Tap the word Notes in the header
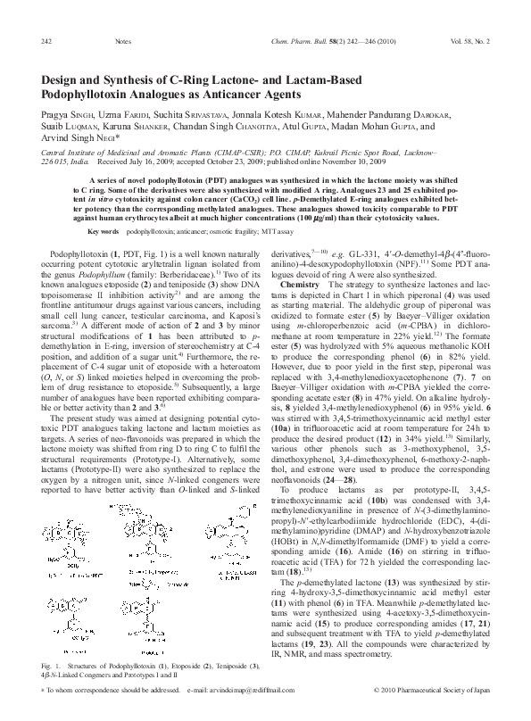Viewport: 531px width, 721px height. pos(123,42)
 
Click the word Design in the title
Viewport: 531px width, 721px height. pos(64,80)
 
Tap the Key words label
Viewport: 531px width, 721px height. pos(103,231)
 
